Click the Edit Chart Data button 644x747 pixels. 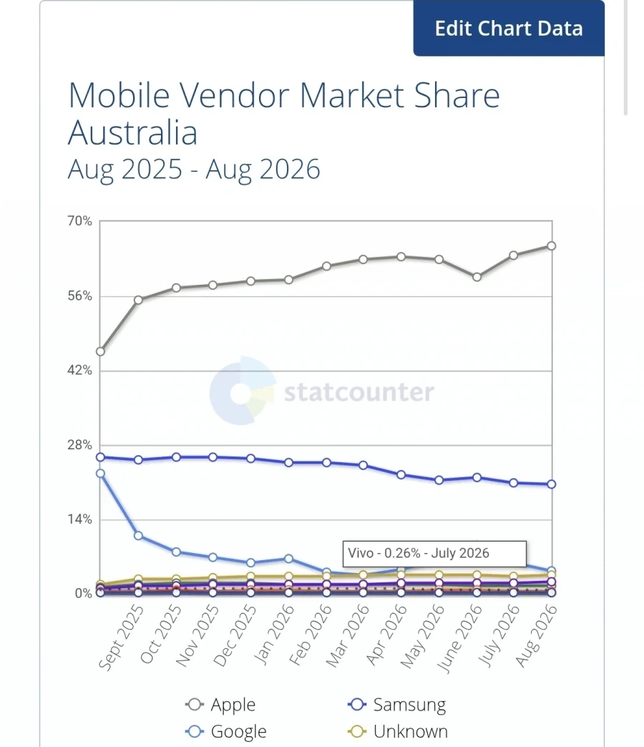509,28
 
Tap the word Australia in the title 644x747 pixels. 132,132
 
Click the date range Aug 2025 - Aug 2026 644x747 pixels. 194,169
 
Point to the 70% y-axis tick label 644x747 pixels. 79,221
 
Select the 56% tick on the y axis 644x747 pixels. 79,296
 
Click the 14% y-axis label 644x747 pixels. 79,519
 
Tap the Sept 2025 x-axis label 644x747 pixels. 121,637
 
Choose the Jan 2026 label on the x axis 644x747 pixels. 273,634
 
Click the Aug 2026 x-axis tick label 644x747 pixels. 536,635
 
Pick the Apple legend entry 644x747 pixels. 220,704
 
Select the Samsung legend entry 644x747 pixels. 397,704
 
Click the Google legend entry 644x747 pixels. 226,731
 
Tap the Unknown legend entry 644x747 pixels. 398,731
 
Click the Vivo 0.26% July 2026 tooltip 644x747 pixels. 434,554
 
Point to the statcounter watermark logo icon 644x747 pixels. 243,391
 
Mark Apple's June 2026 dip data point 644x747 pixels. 477,277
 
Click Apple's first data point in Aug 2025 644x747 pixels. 100,351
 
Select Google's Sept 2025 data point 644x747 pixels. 139,535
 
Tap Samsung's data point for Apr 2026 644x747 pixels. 401,474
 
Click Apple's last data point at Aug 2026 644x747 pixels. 552,246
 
